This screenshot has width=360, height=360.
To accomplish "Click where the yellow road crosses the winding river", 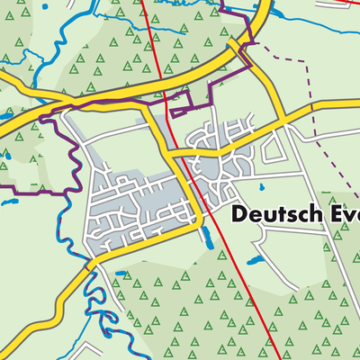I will [90, 264].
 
